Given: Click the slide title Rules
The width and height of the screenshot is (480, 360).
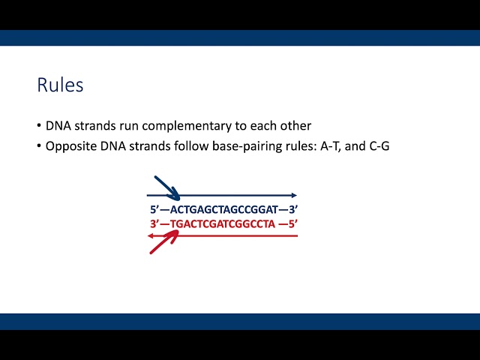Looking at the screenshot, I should tap(60, 85).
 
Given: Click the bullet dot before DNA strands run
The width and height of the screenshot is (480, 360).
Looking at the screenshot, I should tap(39, 127).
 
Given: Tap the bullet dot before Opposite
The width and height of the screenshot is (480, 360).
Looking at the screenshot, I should tap(39, 146).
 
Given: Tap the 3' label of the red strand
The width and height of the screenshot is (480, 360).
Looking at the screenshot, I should tap(154, 224).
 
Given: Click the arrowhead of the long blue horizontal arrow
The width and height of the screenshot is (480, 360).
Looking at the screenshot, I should tap(293, 196).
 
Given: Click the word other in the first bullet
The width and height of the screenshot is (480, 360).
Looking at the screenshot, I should tap(296, 127).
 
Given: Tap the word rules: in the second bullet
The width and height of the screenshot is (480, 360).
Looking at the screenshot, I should tap(294, 146).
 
